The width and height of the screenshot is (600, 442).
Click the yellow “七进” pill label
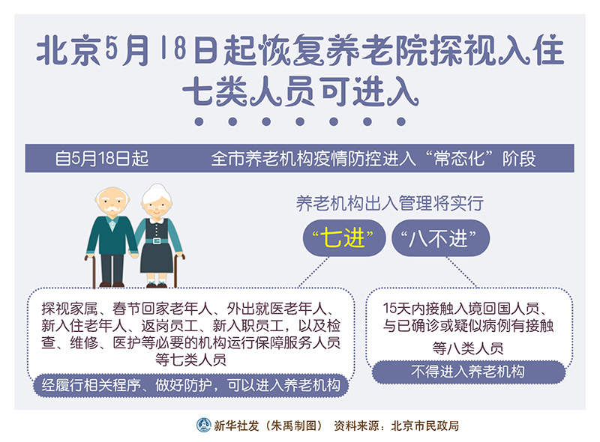point(343,237)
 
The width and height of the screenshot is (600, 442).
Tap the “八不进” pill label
point(440,237)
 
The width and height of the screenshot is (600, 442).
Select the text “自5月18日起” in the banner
point(101,158)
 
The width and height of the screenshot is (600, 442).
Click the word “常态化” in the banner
point(460,158)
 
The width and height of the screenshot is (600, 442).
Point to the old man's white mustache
point(112,208)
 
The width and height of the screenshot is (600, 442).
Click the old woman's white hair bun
point(157,188)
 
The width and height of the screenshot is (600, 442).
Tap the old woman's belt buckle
point(157,241)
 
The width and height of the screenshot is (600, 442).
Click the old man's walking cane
point(91,270)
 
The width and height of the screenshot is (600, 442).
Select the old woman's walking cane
point(177,270)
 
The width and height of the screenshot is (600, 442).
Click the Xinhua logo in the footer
point(203,425)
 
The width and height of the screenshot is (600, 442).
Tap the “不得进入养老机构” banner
point(468,372)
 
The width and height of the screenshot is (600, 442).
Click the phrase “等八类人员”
point(468,348)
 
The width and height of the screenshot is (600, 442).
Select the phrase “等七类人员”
point(190,360)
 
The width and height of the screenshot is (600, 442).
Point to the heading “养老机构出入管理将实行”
point(389,204)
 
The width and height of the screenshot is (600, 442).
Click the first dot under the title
point(199,121)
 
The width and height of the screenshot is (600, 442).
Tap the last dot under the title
point(401,121)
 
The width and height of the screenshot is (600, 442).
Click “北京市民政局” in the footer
point(424,426)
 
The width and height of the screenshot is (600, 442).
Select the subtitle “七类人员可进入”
point(301,91)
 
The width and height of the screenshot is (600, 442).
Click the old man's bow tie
point(112,222)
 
